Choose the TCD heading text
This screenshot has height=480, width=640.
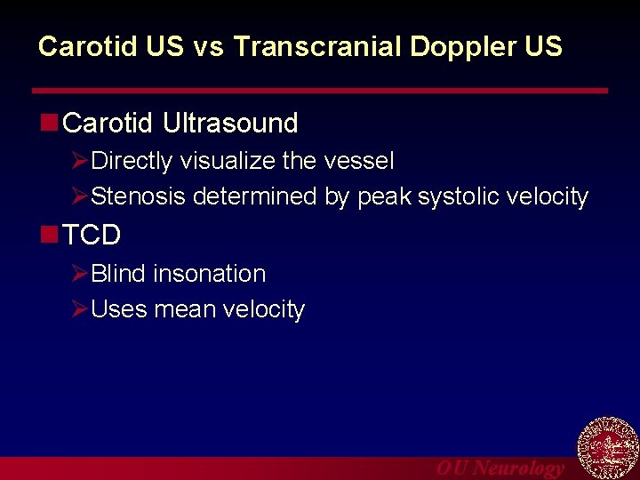(92, 236)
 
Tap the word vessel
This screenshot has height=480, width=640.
(358, 162)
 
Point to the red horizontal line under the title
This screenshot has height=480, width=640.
(320, 91)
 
